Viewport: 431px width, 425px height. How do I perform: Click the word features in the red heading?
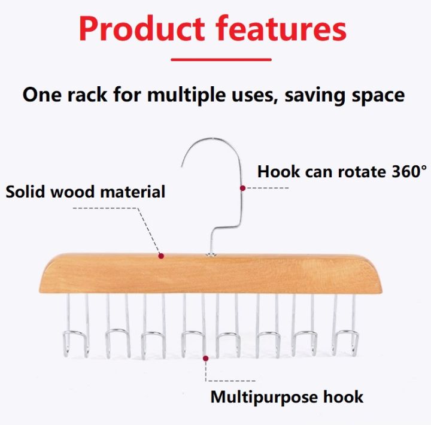[x=278, y=29]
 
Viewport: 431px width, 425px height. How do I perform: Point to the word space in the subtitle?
[x=376, y=95]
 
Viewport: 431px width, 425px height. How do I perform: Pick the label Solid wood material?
[x=85, y=192]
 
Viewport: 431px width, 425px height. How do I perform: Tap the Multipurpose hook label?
[x=287, y=396]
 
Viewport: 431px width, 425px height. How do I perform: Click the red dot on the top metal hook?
[x=242, y=187]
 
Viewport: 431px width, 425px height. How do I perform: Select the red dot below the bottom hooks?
[x=207, y=359]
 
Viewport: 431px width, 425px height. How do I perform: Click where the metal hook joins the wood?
[x=212, y=254]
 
